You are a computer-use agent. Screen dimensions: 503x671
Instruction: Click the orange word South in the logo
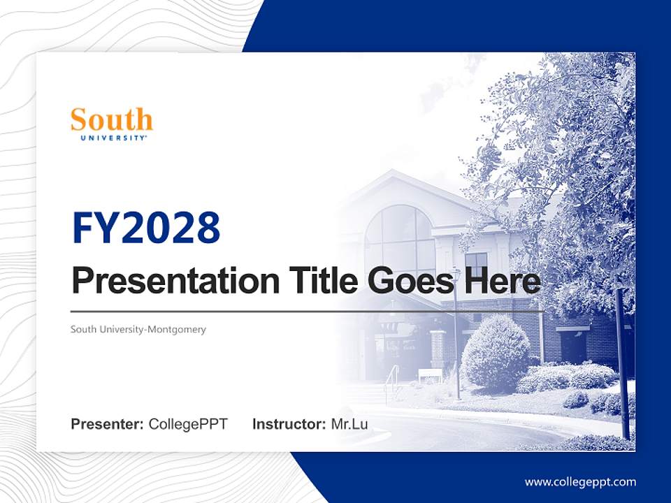pos(111,120)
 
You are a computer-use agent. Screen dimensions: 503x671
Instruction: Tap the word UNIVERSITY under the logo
pos(111,138)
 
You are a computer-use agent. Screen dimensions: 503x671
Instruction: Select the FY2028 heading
pos(146,228)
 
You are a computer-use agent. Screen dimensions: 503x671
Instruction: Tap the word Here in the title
pos(502,281)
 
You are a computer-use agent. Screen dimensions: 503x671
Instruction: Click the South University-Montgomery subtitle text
pos(138,329)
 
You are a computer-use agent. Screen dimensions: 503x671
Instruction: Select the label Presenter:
pos(107,424)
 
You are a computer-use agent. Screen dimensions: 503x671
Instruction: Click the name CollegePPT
pos(188,424)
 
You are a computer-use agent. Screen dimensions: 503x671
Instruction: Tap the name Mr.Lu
pos(349,424)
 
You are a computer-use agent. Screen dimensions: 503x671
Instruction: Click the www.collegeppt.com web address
pos(580,482)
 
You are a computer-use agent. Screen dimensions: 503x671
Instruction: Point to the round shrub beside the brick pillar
pos(495,352)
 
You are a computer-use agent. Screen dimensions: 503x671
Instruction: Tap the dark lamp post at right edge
pos(622,363)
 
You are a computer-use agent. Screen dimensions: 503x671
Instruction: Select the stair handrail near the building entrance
pos(391,381)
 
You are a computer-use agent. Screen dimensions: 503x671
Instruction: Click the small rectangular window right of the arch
pos(476,264)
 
